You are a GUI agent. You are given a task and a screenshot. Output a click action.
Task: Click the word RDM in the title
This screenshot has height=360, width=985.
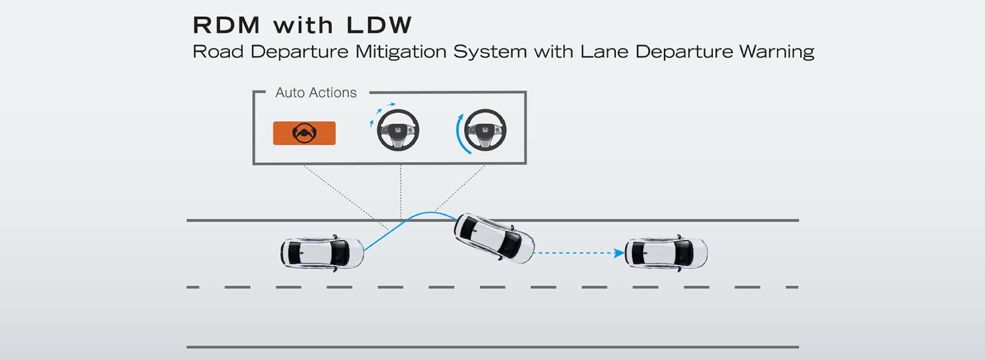tap(226, 25)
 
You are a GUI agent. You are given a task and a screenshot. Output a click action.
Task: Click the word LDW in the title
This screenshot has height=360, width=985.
tap(378, 25)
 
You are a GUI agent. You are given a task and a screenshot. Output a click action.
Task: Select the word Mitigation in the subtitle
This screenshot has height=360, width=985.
tap(400, 51)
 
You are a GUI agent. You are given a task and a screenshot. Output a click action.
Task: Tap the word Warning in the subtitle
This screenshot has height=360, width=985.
tap(776, 51)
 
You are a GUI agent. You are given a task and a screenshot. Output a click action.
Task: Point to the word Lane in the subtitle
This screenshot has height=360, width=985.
tap(604, 51)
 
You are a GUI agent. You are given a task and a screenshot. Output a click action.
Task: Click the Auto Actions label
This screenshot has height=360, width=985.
tap(316, 93)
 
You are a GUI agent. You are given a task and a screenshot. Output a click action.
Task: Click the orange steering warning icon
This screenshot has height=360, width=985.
tap(304, 133)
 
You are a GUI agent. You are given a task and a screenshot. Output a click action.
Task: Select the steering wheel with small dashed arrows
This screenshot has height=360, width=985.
tap(398, 130)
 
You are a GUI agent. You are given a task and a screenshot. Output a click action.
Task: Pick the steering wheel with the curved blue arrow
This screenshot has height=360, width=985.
tap(485, 130)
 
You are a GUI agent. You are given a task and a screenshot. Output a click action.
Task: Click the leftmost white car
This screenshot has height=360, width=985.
tap(322, 253)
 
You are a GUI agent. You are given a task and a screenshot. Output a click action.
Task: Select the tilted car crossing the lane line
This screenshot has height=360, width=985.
tap(493, 238)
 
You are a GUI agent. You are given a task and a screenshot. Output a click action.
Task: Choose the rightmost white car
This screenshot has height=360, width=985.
tap(666, 253)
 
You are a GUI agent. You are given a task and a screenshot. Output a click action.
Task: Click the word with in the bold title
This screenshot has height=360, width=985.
tap(303, 25)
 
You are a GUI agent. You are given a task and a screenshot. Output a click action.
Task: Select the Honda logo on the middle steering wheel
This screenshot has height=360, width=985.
tap(398, 130)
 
